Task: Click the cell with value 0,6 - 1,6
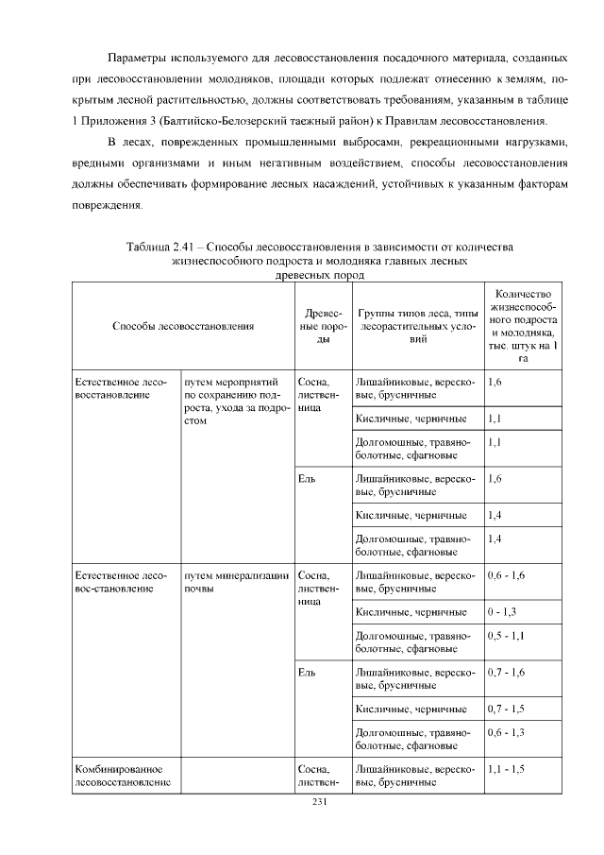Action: pos(506,575)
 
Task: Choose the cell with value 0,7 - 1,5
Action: pos(506,708)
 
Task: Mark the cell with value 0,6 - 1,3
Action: pos(506,732)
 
